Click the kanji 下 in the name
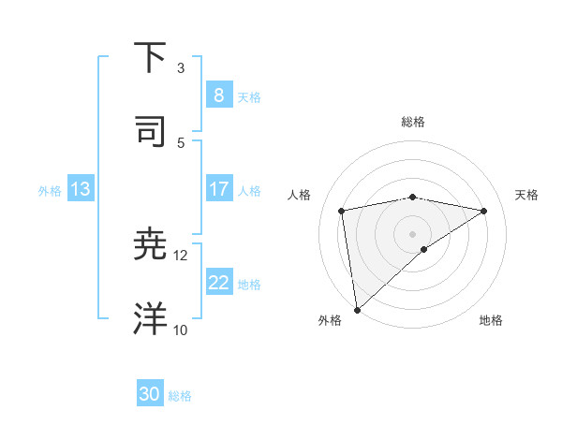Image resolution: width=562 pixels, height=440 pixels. pos(151,57)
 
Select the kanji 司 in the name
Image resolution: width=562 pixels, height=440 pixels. pos(151,132)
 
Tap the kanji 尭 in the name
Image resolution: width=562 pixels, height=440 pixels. pos(151,244)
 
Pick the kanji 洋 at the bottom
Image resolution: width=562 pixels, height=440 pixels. pos(151,319)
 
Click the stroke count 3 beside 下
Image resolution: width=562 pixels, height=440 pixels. pos(181,67)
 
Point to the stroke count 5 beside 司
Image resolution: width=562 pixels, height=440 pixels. pos(181,142)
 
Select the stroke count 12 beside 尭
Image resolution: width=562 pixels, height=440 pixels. pos(181,255)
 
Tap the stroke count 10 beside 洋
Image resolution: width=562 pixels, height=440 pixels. pos(181,330)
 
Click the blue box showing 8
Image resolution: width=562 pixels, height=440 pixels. pos(218,95)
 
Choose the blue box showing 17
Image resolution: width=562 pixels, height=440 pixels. pos(218,189)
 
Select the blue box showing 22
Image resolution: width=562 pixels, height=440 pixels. pos(218,283)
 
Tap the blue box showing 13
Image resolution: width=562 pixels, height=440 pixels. pos(81,189)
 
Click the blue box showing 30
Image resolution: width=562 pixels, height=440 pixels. pos(150,394)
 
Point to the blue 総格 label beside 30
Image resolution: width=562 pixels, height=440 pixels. pos(180,396)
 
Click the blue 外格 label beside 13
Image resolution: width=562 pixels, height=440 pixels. pos(50,191)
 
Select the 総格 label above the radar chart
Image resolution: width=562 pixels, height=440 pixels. pos(413,122)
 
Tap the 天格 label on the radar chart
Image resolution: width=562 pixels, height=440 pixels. pos(527,195)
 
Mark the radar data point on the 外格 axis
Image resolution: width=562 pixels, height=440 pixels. pos(357,309)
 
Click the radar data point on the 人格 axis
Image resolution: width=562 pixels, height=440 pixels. pos(342,211)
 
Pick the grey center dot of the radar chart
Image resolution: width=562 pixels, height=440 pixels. pos(413,232)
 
